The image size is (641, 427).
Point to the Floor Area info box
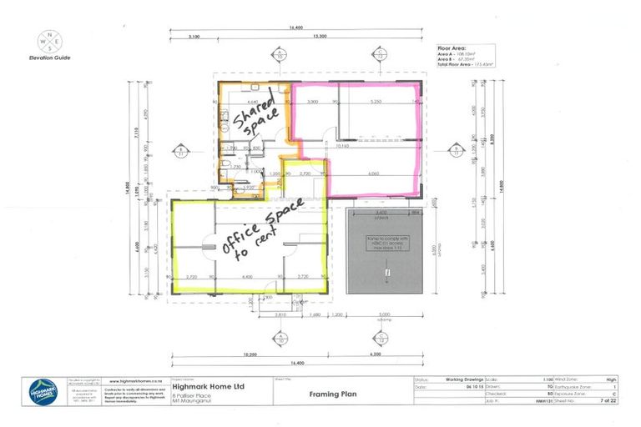pos(466,56)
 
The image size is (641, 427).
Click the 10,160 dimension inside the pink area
pos(343,146)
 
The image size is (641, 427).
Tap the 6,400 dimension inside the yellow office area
pos(248,275)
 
